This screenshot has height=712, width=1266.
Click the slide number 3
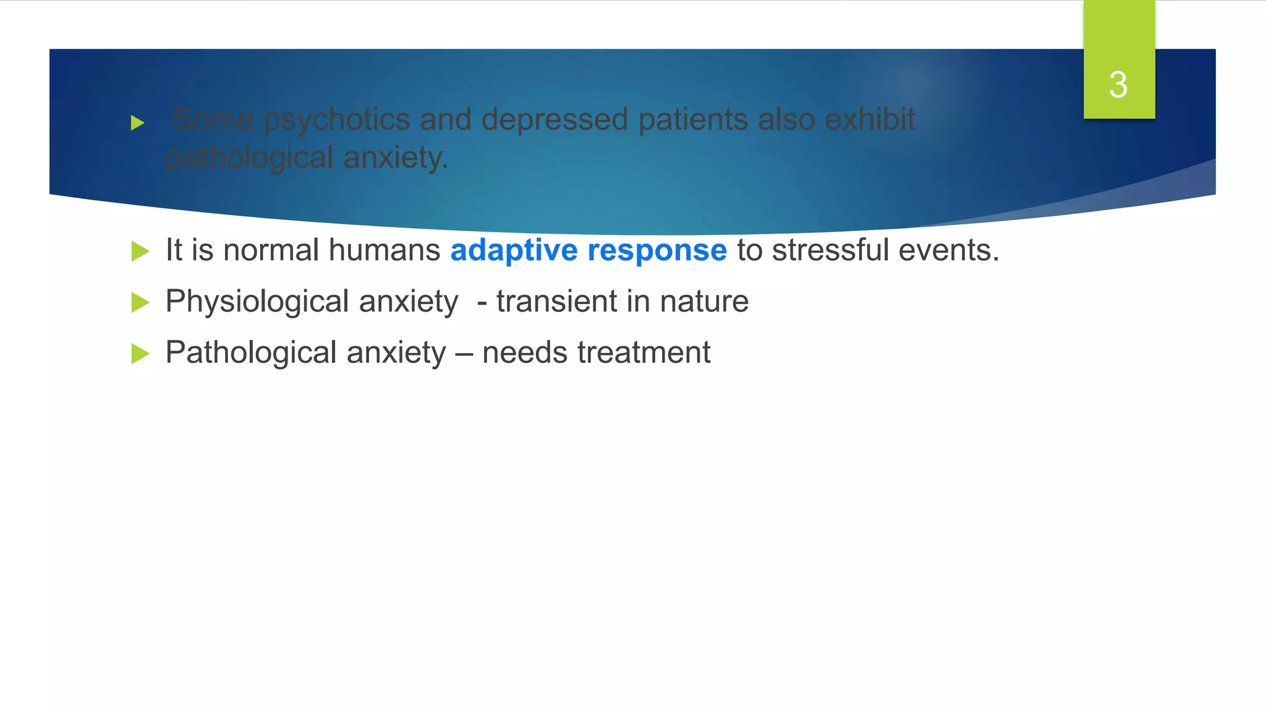pyautogui.click(x=1118, y=85)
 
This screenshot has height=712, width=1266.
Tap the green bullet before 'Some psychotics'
pyautogui.click(x=138, y=123)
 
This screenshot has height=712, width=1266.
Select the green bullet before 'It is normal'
pyautogui.click(x=140, y=252)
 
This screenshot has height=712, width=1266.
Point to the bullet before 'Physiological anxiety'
pyautogui.click(x=140, y=303)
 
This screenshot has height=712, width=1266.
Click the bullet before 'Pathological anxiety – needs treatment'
pyautogui.click(x=140, y=354)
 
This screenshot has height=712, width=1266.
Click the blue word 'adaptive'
pyautogui.click(x=514, y=250)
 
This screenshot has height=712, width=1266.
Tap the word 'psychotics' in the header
pyautogui.click(x=337, y=119)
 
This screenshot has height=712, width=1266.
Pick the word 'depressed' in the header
pyautogui.click(x=554, y=119)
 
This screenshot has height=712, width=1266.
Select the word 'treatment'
pyautogui.click(x=644, y=353)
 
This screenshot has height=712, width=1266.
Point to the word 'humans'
pyautogui.click(x=384, y=250)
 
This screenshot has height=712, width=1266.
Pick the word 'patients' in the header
pyautogui.click(x=693, y=119)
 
